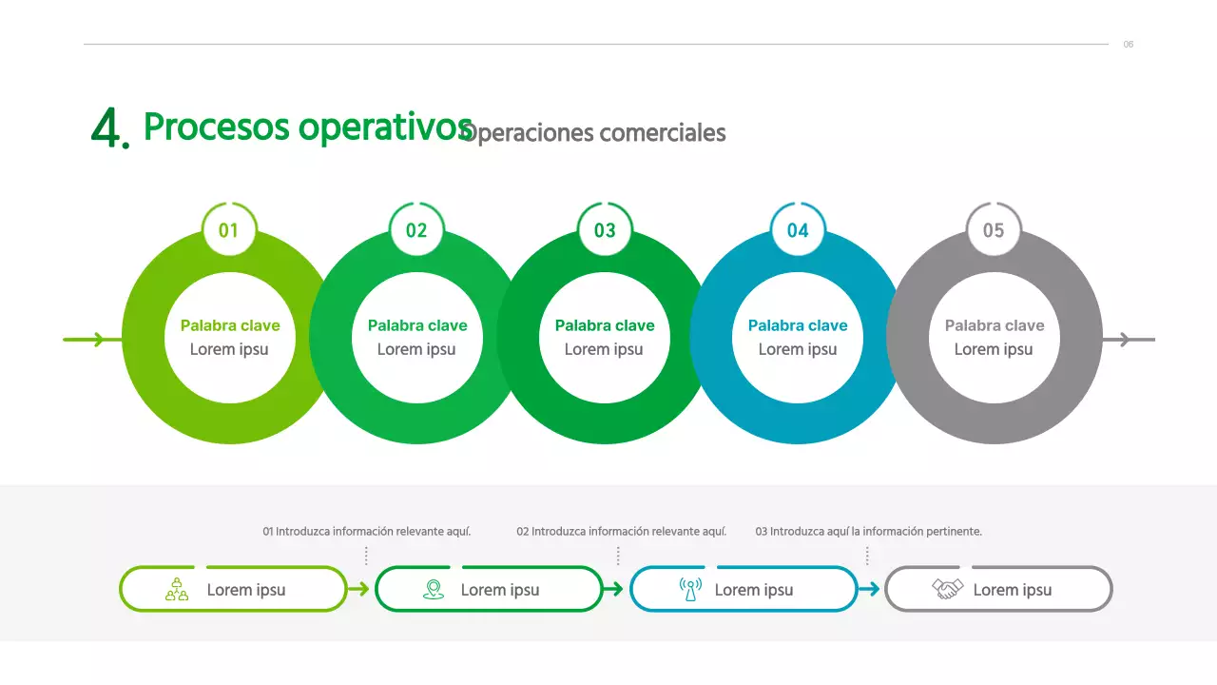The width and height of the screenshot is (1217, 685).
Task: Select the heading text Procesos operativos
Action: click(307, 127)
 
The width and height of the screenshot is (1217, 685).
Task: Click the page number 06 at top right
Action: click(1129, 45)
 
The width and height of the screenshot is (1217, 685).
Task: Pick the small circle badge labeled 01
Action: click(229, 230)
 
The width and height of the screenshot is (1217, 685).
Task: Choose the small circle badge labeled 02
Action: click(416, 230)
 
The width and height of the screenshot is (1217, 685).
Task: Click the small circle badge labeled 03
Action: click(605, 230)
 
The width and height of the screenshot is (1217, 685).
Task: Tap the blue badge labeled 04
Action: click(798, 230)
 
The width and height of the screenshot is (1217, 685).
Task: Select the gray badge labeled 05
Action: click(994, 230)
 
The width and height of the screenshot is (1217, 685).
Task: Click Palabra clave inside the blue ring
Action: click(798, 325)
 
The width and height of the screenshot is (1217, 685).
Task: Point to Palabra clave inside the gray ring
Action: click(995, 325)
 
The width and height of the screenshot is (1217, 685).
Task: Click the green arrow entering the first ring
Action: click(90, 340)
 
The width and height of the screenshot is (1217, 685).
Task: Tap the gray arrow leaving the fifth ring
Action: click(1129, 340)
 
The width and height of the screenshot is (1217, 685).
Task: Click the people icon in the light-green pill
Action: click(177, 590)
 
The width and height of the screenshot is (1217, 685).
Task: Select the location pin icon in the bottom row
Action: click(434, 590)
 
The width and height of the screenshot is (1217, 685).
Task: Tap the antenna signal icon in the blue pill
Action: click(690, 590)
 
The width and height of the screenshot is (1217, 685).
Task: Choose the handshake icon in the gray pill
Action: click(947, 590)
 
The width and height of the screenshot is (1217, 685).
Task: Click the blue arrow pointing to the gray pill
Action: click(869, 590)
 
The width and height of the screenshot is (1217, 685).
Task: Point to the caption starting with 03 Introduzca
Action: click(868, 532)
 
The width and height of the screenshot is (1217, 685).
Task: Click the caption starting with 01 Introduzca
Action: click(367, 532)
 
